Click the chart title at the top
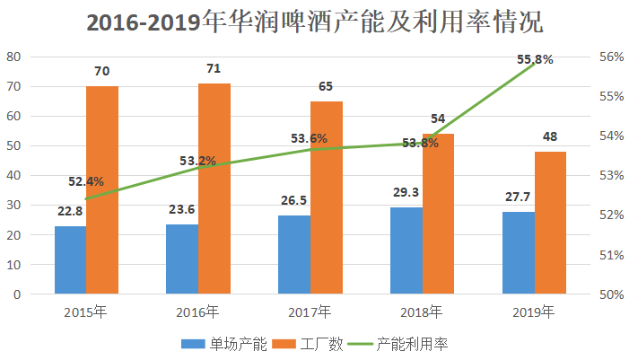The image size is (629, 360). click(x=314, y=22)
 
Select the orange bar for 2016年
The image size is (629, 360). click(x=214, y=189)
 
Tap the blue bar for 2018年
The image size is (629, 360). click(x=406, y=250)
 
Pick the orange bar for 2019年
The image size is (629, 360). click(x=550, y=223)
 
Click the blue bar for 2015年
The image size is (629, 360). click(x=70, y=259)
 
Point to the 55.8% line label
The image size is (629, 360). click(x=535, y=59)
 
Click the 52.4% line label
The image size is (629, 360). click(x=86, y=181)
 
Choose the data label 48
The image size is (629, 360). click(x=550, y=136)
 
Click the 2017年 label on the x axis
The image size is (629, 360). click(x=310, y=312)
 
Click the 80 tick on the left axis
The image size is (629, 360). click(x=14, y=57)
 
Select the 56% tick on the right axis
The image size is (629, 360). click(x=611, y=57)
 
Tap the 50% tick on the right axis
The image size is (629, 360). click(x=611, y=294)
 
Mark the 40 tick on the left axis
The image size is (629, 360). click(x=14, y=175)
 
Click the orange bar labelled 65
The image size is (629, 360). click(x=327, y=198)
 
